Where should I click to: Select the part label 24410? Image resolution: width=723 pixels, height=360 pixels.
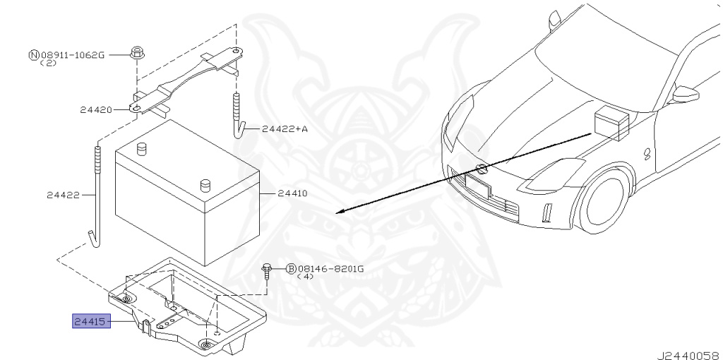292,193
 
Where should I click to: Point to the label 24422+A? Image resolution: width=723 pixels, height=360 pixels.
285,129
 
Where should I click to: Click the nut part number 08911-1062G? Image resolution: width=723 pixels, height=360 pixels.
72,54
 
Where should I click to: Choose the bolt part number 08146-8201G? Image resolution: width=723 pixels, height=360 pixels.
330,268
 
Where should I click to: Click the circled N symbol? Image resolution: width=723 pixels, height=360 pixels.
33,54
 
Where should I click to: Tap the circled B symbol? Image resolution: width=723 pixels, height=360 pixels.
290,268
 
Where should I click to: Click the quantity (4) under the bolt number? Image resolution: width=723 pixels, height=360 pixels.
304,277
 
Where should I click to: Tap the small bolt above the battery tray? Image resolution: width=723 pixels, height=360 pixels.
266,270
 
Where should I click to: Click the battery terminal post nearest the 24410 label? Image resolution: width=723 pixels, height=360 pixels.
205,185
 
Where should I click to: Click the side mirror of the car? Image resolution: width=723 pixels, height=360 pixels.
686,93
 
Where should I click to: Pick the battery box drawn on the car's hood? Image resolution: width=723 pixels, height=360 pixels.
609,123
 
